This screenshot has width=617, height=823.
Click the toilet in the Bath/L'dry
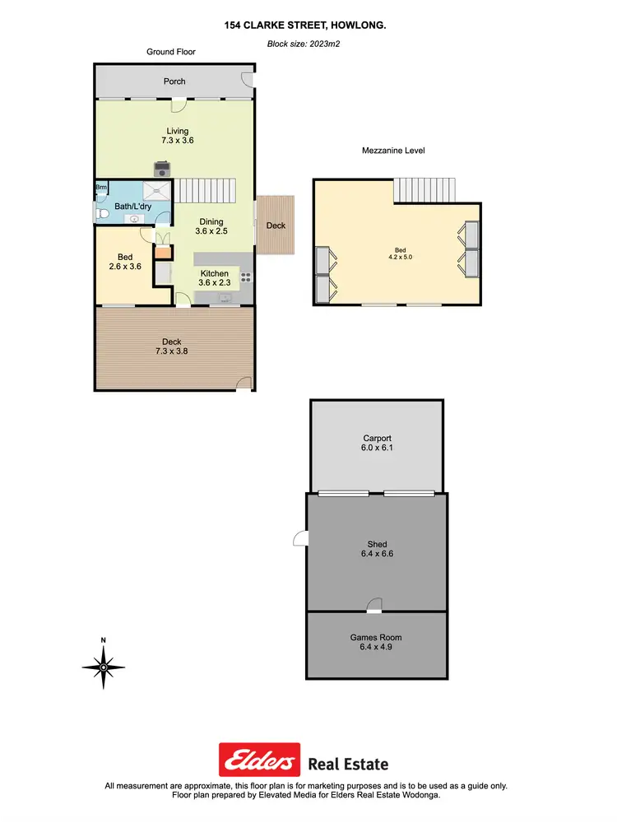point(101,214)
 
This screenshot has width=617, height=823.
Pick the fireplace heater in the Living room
point(163,170)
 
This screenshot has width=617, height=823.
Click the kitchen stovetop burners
point(245,277)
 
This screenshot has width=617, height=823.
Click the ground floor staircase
point(206,192)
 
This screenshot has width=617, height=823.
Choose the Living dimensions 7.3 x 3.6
point(177,141)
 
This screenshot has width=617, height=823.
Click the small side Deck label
point(276,226)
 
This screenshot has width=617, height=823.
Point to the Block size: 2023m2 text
point(304,44)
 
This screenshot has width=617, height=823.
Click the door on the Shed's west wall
point(300,538)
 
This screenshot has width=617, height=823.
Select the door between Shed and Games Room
point(374,607)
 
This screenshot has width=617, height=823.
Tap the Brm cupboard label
point(101,188)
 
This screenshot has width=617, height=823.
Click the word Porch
point(174,81)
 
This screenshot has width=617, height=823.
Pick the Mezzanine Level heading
point(393,151)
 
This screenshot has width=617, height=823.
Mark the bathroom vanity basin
point(134,220)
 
